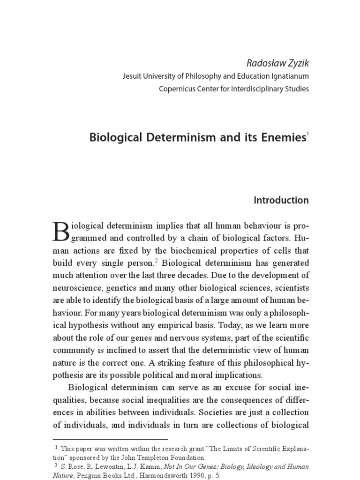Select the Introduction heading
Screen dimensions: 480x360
click(281, 200)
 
